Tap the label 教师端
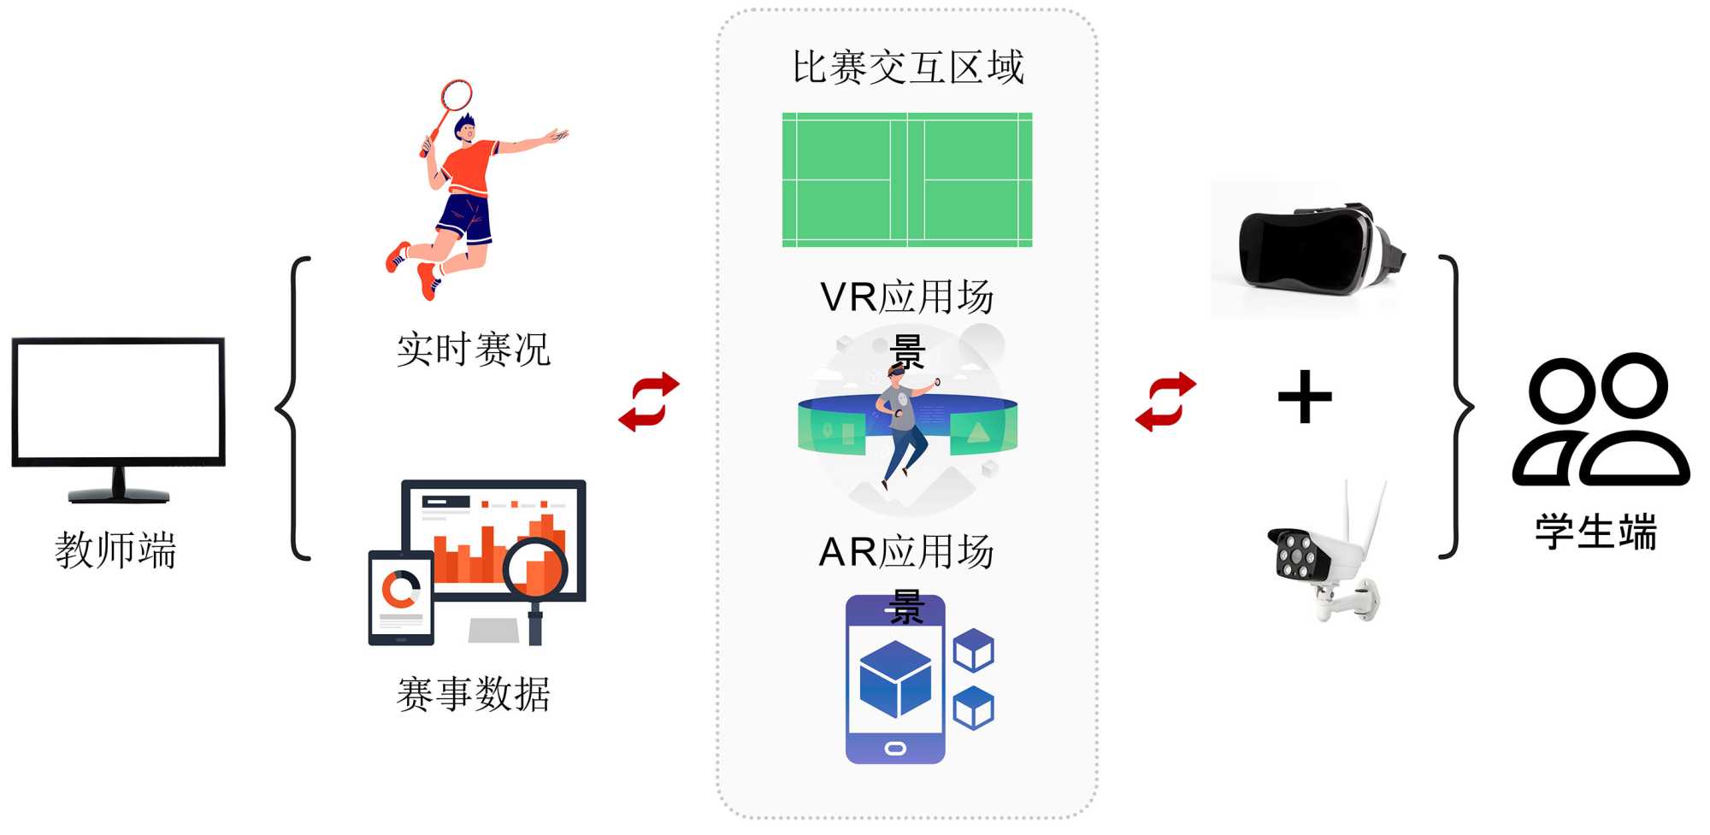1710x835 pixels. coord(115,550)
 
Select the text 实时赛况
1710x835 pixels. coord(473,350)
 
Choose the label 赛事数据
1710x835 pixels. coord(473,694)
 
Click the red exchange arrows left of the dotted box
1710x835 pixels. coord(649,402)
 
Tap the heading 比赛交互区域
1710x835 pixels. coord(907,68)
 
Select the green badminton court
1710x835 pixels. coord(907,179)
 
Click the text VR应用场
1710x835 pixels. coord(906,297)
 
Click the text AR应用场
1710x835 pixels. coord(906,552)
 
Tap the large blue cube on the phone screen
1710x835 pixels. coord(894,679)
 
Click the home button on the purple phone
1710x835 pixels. coord(895,749)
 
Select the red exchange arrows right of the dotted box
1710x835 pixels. coord(1165,402)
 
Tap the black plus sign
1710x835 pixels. coord(1305,397)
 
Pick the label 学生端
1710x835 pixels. coord(1595,532)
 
